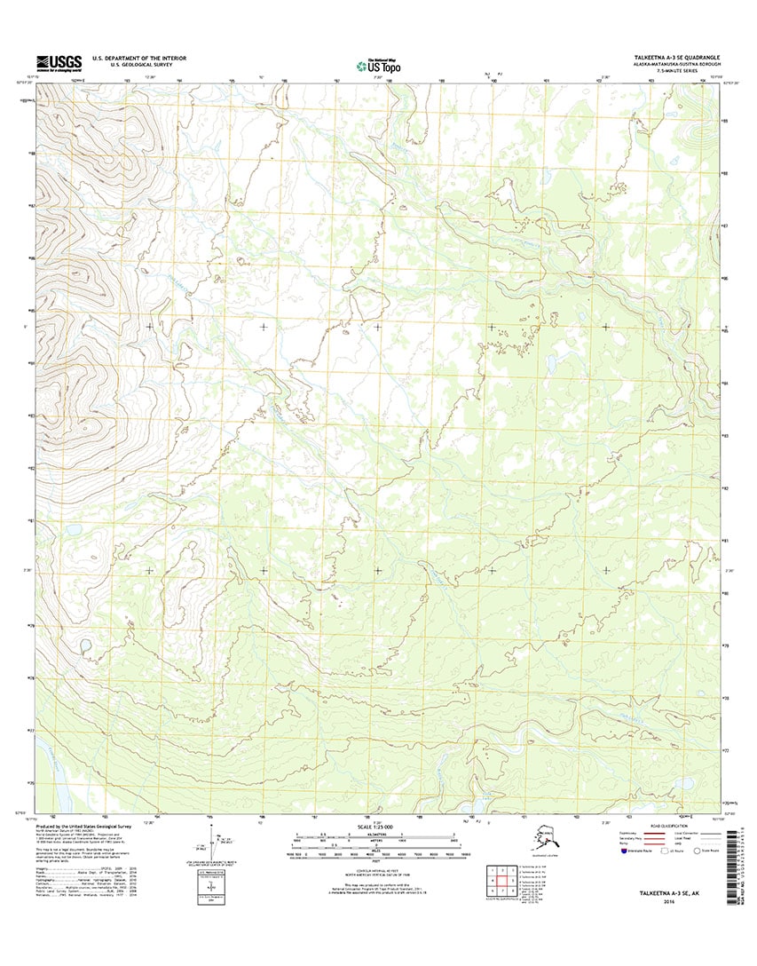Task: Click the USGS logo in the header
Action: pos(59,62)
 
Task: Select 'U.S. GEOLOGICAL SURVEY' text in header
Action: pos(129,65)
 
